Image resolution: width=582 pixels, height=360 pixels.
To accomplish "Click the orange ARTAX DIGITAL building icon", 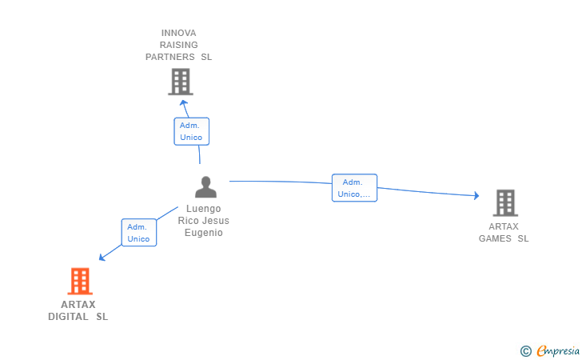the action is [80, 281].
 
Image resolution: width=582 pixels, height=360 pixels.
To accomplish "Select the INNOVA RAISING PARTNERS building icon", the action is [181, 82].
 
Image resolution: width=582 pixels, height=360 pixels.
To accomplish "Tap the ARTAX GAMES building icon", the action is [505, 203].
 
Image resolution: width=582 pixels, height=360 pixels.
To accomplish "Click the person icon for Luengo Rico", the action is [205, 187].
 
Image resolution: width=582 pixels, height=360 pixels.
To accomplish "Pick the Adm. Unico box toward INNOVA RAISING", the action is [192, 131].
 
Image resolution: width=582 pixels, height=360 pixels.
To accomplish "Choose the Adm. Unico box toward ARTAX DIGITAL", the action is [139, 233].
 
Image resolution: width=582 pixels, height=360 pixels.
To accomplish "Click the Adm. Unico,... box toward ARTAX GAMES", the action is [354, 188].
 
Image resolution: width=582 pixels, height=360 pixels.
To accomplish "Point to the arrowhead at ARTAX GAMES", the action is [476, 195].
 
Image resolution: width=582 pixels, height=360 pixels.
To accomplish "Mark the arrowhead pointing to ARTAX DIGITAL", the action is [102, 257].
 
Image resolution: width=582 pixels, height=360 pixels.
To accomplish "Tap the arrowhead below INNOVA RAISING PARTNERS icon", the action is [183, 103].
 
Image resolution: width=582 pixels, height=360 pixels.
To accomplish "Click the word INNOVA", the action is [178, 33].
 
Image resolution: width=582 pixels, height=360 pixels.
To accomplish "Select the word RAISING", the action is [178, 45].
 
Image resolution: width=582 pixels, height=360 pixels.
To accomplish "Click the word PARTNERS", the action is [170, 57].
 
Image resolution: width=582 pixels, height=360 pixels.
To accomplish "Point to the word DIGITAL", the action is [68, 317].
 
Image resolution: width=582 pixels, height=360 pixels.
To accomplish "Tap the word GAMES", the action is [495, 238].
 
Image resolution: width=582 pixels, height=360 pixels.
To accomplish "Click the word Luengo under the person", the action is [203, 209].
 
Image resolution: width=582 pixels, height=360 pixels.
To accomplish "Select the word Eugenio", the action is [204, 233].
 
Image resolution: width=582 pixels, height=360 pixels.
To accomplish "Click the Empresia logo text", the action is [558, 350].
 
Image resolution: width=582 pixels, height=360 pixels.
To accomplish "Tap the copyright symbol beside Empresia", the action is [526, 351].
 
